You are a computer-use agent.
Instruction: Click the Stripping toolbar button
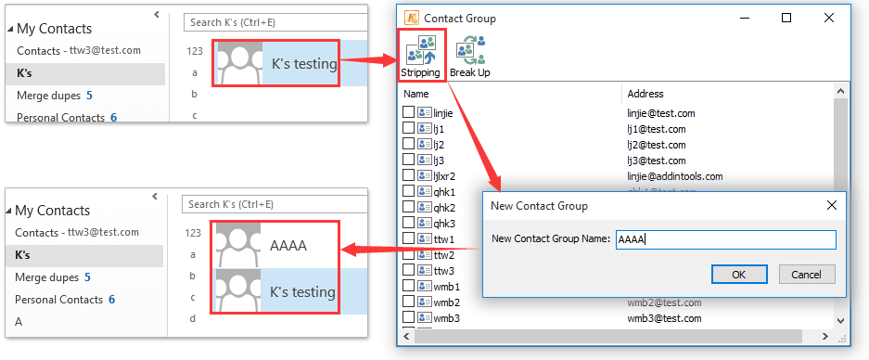pyautogui.click(x=421, y=56)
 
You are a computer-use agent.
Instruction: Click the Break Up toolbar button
pyautogui.click(x=469, y=56)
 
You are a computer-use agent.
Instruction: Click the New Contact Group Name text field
pyautogui.click(x=725, y=239)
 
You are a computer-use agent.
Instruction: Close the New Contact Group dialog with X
pyautogui.click(x=831, y=205)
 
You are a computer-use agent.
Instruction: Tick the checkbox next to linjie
pyautogui.click(x=408, y=112)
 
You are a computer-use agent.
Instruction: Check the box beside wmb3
pyautogui.click(x=408, y=318)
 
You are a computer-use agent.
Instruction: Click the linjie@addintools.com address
pyautogui.click(x=674, y=176)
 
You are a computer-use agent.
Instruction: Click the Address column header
pyautogui.click(x=645, y=94)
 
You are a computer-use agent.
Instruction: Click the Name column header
pyautogui.click(x=416, y=94)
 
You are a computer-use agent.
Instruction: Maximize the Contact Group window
pyautogui.click(x=786, y=18)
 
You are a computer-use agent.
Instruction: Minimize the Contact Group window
pyautogui.click(x=744, y=18)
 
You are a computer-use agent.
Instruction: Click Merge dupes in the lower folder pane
pyautogui.click(x=46, y=276)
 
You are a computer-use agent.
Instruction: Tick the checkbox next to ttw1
pyautogui.click(x=408, y=238)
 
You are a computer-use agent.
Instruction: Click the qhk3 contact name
pyautogui.click(x=444, y=223)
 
